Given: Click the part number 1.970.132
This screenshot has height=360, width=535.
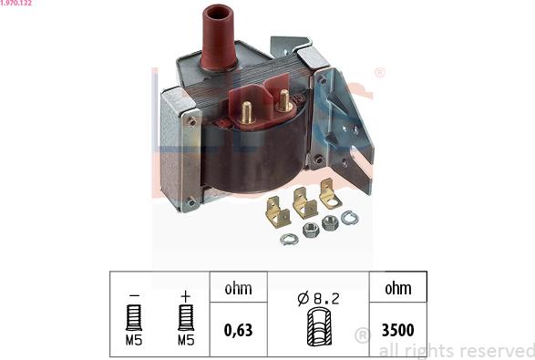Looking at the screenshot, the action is click(x=16, y=3).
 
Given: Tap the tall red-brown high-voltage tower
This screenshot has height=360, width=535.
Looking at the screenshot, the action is click(x=219, y=37).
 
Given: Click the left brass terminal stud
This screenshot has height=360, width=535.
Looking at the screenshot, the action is click(x=247, y=113).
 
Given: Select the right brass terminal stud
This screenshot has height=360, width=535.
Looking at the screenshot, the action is click(x=283, y=100).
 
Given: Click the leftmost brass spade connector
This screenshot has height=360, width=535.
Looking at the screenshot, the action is click(x=278, y=212).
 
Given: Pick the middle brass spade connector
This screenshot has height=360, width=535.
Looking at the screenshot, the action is click(x=304, y=202).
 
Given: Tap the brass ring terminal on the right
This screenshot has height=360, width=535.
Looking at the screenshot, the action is click(x=330, y=194).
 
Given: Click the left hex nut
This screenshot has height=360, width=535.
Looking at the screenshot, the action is click(x=311, y=231).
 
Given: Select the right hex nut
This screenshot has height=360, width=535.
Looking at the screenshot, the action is click(x=330, y=222).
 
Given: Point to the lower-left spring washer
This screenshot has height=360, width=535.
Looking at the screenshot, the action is click(x=289, y=239).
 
